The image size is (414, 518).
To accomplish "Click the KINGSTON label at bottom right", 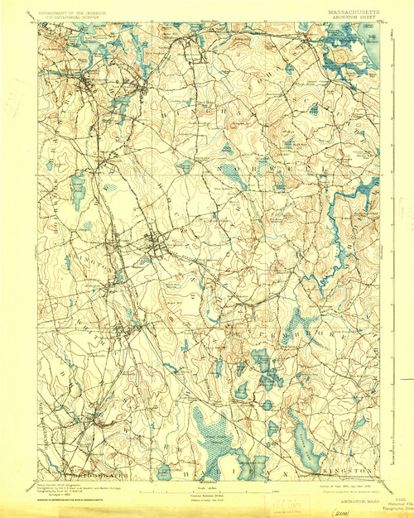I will pos(352,469).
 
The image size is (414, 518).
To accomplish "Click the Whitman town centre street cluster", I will pos(124,327).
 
